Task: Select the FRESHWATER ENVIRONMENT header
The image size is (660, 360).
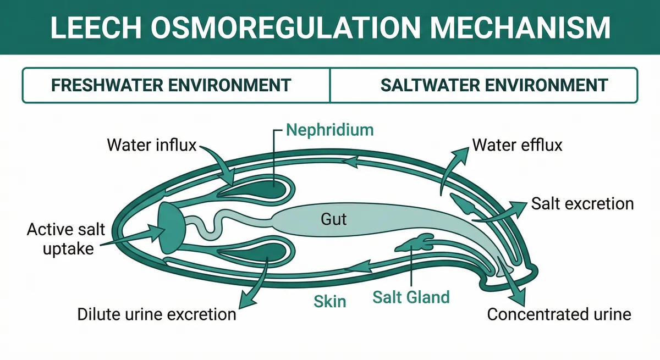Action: pyautogui.click(x=170, y=85)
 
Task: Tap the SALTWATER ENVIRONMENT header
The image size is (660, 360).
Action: pyautogui.click(x=494, y=85)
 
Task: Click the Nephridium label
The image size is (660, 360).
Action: pyautogui.click(x=330, y=130)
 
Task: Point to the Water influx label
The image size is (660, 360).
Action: pyautogui.click(x=151, y=146)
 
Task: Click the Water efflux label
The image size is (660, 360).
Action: pyautogui.click(x=517, y=146)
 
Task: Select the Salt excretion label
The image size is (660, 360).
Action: pyautogui.click(x=582, y=204)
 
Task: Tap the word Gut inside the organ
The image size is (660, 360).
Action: pyautogui.click(x=334, y=219)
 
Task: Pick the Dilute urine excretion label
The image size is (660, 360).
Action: pyautogui.click(x=157, y=314)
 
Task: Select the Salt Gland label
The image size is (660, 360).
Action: pyautogui.click(x=411, y=297)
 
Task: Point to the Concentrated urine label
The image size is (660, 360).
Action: pyautogui.click(x=559, y=314)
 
